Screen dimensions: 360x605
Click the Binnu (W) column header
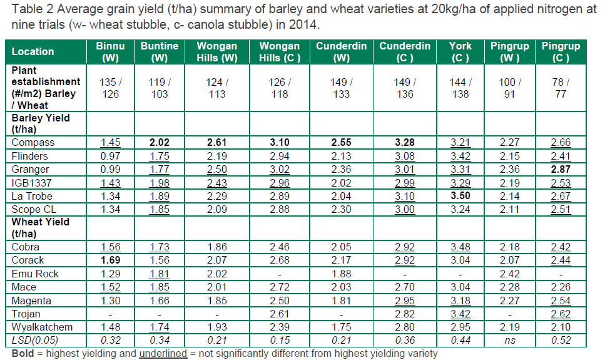(x=110, y=52)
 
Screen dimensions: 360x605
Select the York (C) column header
(x=460, y=52)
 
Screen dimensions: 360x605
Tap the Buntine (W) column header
(x=160, y=52)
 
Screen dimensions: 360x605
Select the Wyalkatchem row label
(x=42, y=327)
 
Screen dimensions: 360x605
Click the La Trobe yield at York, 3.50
(x=460, y=195)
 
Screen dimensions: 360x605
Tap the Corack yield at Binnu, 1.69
(x=110, y=260)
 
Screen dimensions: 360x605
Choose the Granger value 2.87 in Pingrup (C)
(x=561, y=169)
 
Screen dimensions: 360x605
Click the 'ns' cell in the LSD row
(x=510, y=340)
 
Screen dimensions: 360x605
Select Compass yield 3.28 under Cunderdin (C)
(x=405, y=143)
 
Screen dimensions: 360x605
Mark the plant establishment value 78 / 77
(x=561, y=88)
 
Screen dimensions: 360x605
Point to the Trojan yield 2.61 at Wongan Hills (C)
(x=279, y=314)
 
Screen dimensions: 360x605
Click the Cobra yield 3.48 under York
(x=460, y=247)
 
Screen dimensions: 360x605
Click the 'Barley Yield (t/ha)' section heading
(x=40, y=123)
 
